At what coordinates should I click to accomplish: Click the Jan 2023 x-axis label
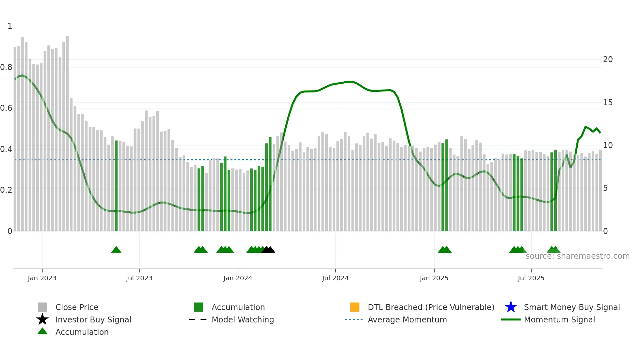tap(42, 278)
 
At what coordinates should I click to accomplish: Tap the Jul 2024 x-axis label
tap(335, 278)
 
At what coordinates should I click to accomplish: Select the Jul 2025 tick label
tap(531, 278)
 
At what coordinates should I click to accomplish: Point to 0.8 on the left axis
tap(6, 67)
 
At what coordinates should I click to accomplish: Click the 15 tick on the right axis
tap(608, 103)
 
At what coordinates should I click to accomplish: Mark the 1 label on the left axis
tap(10, 26)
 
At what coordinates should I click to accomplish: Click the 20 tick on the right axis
tap(608, 59)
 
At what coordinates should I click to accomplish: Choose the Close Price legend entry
tap(76, 307)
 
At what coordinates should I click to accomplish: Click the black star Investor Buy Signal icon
tap(42, 319)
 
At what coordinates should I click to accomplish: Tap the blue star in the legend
tap(511, 307)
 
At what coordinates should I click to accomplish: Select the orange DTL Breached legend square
tap(355, 307)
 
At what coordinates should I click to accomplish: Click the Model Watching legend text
tap(243, 319)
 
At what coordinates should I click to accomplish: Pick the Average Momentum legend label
tap(407, 319)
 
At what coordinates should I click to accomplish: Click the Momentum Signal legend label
tap(559, 319)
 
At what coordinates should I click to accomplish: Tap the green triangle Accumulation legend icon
tap(42, 331)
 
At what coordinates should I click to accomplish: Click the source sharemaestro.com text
tap(577, 256)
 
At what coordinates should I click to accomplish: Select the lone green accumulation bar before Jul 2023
tap(116, 186)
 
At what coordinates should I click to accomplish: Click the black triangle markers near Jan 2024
tap(268, 250)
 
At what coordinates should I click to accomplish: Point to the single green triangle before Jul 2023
tap(116, 250)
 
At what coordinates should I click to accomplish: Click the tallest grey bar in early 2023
tap(68, 131)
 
